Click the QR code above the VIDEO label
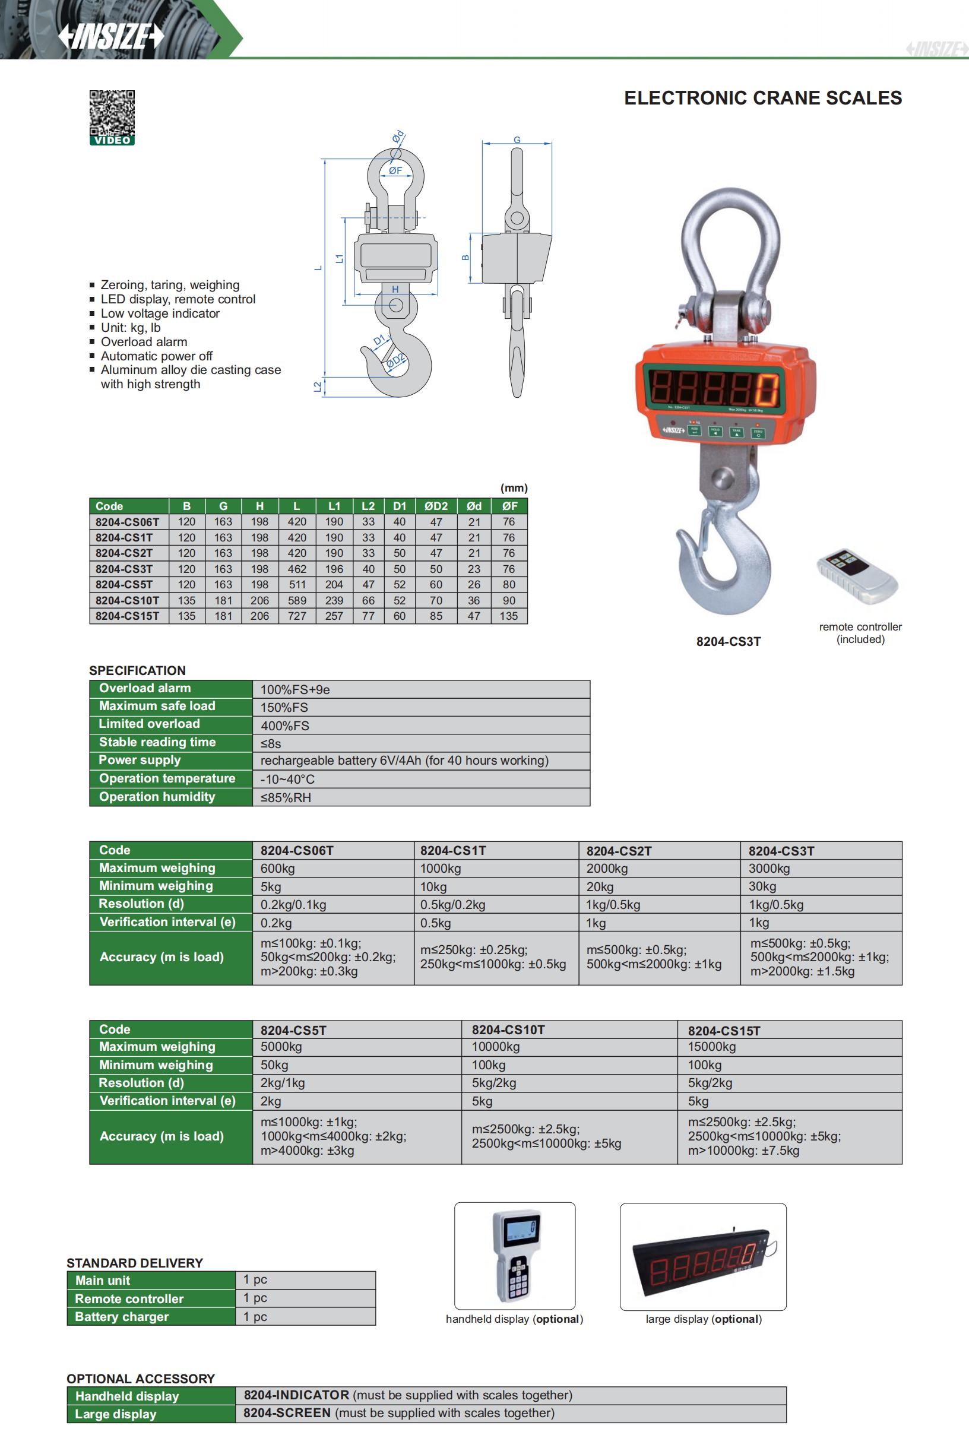point(112,113)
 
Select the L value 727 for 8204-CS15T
point(297,616)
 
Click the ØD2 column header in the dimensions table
point(436,506)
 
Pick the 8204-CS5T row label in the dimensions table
point(123,585)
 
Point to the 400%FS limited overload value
point(285,725)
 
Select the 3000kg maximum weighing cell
point(769,868)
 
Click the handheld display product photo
point(515,1255)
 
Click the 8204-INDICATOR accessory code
point(296,1395)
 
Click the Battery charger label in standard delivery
point(122,1316)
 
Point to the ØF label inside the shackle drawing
point(395,170)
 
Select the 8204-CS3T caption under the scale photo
point(728,641)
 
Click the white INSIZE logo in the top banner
point(111,37)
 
